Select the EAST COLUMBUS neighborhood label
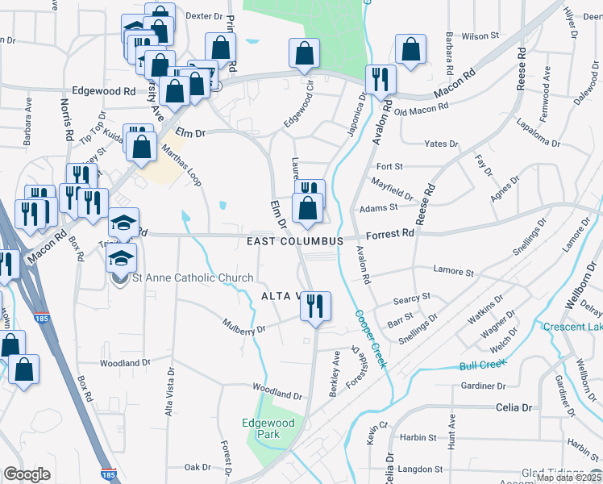tap(296, 241)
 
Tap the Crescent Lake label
tap(572, 327)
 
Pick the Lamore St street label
tap(452, 272)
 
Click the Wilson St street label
tap(476, 36)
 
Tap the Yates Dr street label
tap(441, 144)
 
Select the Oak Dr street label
tap(198, 467)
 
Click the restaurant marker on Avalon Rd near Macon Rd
tap(380, 79)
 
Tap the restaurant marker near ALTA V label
tap(315, 305)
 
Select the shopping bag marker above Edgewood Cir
tap(305, 54)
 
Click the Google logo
tap(27, 474)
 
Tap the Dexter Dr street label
tap(203, 15)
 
